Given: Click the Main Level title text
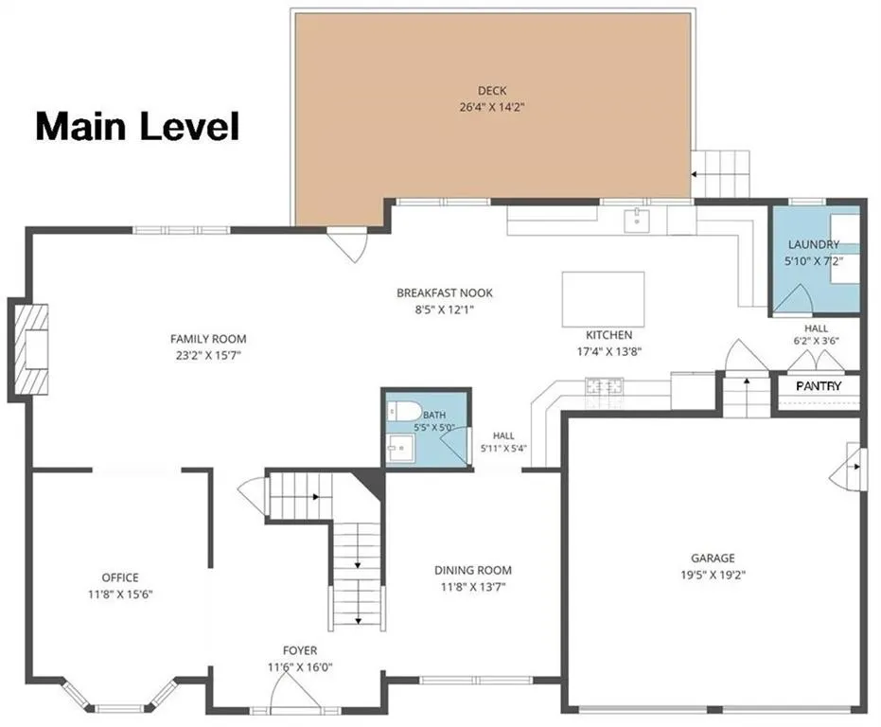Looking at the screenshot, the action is click(x=137, y=126).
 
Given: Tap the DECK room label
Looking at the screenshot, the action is click(x=492, y=91).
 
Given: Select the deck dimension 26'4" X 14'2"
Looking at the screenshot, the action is click(x=492, y=107).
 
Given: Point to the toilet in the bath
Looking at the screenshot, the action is click(x=403, y=411).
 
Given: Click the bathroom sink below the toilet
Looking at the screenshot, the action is click(x=400, y=448).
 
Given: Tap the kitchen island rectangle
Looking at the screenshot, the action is click(x=603, y=299).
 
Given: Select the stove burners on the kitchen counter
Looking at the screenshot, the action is click(x=604, y=386).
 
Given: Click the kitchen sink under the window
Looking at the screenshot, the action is click(x=637, y=220).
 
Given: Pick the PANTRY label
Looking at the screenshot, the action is click(x=819, y=386).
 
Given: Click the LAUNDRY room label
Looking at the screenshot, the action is click(x=814, y=244).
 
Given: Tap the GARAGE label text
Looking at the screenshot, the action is click(x=713, y=558).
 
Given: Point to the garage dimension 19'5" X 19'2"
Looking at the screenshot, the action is click(x=713, y=575).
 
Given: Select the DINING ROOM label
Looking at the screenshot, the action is click(x=473, y=570).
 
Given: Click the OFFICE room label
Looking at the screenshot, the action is click(x=120, y=577).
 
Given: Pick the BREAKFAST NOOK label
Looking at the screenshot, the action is click(x=445, y=293).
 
